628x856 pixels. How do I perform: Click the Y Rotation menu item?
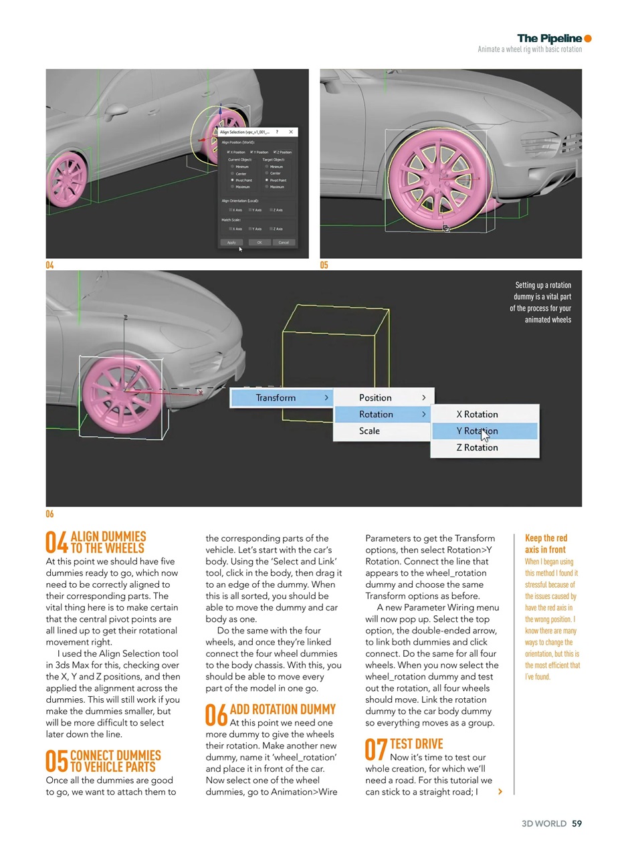484,431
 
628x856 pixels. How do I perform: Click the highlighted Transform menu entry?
281,398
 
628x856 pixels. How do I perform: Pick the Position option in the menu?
383,398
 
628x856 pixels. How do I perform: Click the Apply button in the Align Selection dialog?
231,242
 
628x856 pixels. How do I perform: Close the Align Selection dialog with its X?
291,132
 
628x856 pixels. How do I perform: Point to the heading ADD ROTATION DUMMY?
282,710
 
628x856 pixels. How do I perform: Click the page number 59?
577,824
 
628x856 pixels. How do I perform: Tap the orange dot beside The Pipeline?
588,39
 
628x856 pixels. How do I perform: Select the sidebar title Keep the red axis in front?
545,544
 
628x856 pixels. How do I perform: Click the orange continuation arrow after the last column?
500,792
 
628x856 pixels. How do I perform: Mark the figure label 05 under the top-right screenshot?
324,265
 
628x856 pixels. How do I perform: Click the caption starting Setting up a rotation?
540,302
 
